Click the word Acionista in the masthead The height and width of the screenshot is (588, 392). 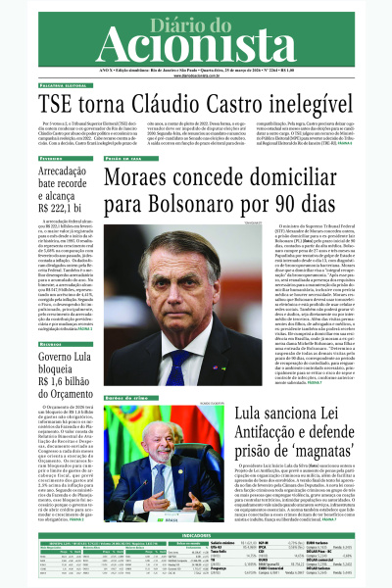196,46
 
